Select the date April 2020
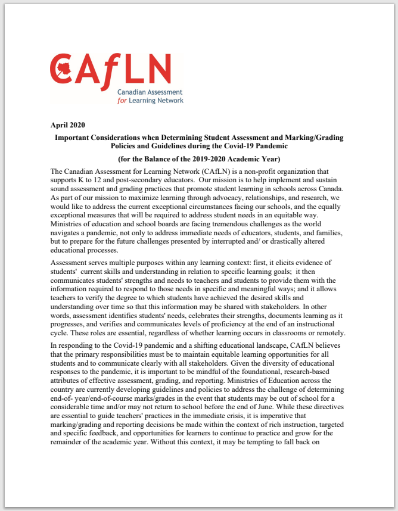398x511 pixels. coord(69,125)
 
